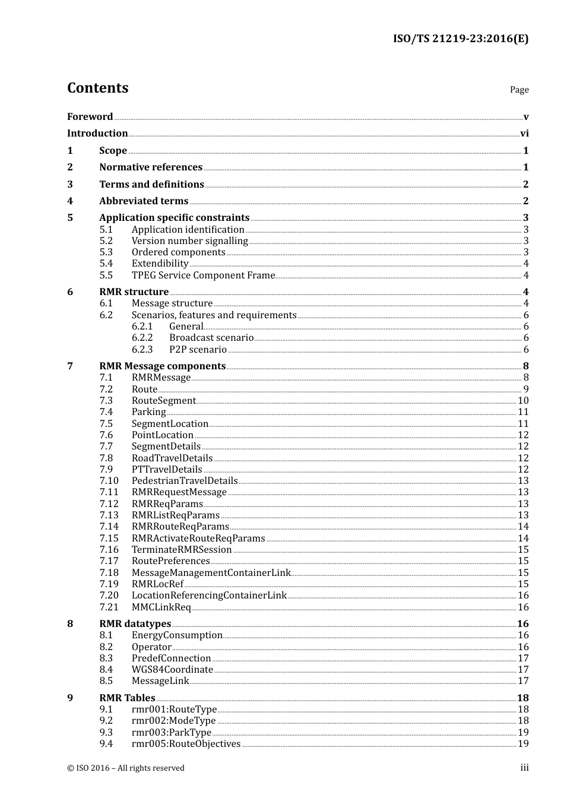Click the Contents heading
coord(97,88)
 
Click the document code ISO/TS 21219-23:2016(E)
coord(460,39)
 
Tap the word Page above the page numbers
coord(519,90)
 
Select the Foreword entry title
coord(90,117)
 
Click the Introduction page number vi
coord(524,134)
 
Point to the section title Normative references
coord(151,167)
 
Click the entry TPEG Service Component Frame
coord(203,275)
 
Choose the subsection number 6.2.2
coord(142,338)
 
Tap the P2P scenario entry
coord(198,350)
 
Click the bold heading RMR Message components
coord(162,366)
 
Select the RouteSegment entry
coord(163,401)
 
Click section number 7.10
coord(109,481)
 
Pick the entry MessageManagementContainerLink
coord(211,573)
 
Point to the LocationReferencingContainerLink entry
coord(209,596)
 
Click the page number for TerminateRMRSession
coord(523,550)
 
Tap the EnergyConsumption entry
coord(177,635)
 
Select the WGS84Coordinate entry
coord(172,670)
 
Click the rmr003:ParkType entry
coord(171,733)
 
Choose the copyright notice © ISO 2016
coord(125,768)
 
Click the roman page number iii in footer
coord(524,768)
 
